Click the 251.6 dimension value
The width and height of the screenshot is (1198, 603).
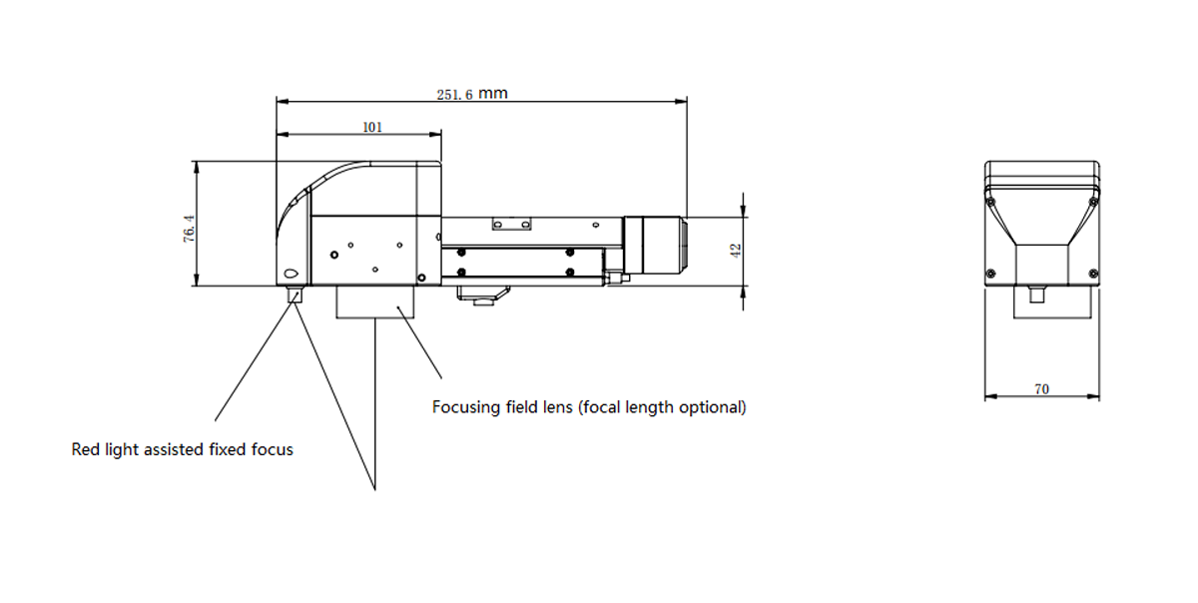tap(454, 95)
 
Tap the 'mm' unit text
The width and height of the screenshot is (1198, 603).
tap(492, 94)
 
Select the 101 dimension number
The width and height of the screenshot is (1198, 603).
tap(372, 128)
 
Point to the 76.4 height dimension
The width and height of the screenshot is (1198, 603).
tap(190, 229)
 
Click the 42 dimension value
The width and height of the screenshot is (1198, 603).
tap(736, 251)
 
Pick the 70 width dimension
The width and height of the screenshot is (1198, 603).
tap(1042, 389)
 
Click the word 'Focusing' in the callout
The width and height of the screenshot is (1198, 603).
tap(466, 407)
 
